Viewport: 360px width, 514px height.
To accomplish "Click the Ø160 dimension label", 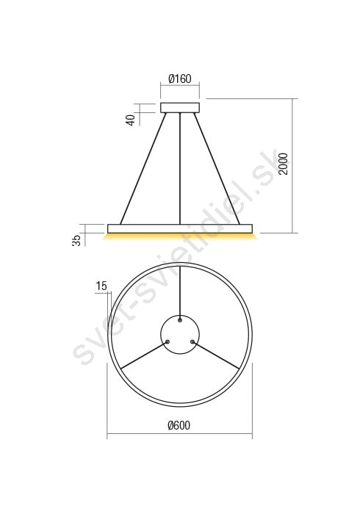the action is click(x=180, y=79).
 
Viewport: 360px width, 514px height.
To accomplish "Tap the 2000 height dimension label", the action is click(x=283, y=164).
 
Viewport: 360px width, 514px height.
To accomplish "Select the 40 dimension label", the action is click(x=131, y=120).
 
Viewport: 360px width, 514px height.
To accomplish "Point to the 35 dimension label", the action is click(x=76, y=240).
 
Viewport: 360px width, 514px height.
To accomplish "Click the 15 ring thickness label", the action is click(x=101, y=286).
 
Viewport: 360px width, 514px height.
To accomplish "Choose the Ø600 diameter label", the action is click(x=179, y=425).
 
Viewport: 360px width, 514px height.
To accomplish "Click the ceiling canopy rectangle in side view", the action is click(x=180, y=108).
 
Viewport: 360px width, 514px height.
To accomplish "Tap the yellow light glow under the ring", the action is click(x=180, y=236).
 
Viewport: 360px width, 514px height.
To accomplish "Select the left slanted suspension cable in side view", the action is click(x=143, y=168).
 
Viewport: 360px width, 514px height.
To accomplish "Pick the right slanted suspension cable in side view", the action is click(x=217, y=168).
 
